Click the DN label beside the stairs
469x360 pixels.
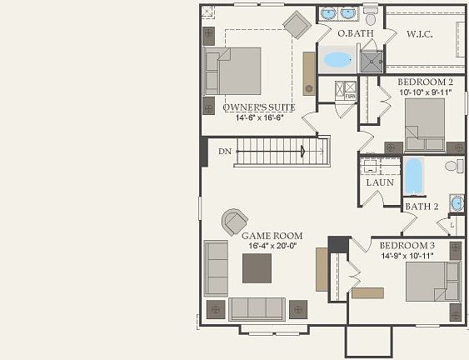pos(225,152)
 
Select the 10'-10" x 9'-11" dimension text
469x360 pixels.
pos(424,92)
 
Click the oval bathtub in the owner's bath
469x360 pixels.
pos(337,59)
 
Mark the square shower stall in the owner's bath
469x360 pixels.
pos(371,61)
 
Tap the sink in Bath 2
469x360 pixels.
pos(456,203)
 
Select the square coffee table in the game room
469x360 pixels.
pos(257,268)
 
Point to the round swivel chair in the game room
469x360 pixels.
pos(232,222)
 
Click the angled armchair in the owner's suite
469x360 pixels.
pos(297,24)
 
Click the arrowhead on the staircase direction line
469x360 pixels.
pos(303,151)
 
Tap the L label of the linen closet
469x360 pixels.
pos(452,225)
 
